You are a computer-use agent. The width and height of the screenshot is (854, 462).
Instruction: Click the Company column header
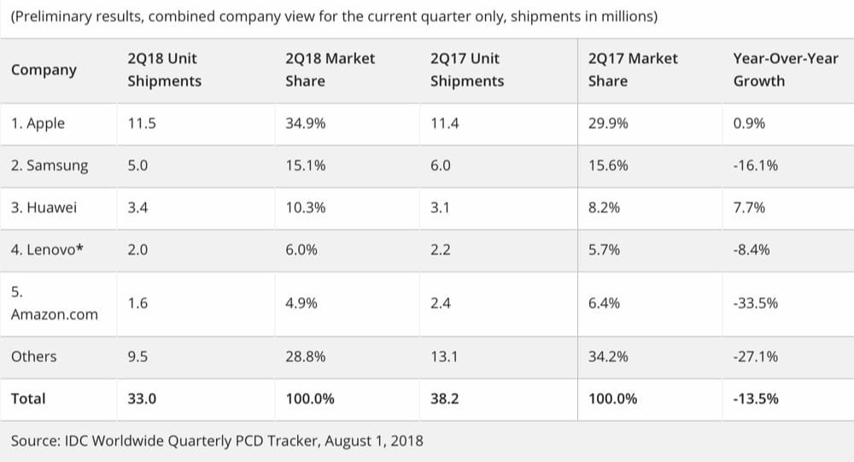point(44,70)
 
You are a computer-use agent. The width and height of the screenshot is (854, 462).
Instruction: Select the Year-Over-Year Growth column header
point(785,70)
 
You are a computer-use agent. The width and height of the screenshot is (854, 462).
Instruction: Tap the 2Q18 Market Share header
point(330,70)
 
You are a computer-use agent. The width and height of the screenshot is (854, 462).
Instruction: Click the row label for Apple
point(38,124)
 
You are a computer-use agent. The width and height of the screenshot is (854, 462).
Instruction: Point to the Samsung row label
point(50,166)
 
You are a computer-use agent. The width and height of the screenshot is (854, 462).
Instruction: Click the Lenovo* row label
point(48,250)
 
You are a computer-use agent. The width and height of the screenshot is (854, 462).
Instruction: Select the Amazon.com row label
point(54,314)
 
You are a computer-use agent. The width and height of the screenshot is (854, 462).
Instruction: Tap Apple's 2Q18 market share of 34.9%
point(305,124)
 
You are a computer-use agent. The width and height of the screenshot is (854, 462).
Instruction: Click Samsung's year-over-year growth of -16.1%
point(755,166)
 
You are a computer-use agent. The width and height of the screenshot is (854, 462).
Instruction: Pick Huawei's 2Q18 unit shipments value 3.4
point(137,208)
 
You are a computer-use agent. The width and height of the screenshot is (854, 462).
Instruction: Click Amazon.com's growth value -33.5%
point(755,302)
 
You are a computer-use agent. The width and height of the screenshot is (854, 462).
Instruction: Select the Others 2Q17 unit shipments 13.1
point(444,357)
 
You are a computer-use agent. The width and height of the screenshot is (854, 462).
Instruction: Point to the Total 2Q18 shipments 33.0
point(141,399)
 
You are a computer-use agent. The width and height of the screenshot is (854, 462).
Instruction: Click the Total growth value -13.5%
point(756,399)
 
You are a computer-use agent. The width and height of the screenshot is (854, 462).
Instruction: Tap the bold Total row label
point(28,399)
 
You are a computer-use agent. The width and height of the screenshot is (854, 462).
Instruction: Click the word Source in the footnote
point(35,442)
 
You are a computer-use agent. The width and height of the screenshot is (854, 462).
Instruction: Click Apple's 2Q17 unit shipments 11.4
point(444,124)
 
